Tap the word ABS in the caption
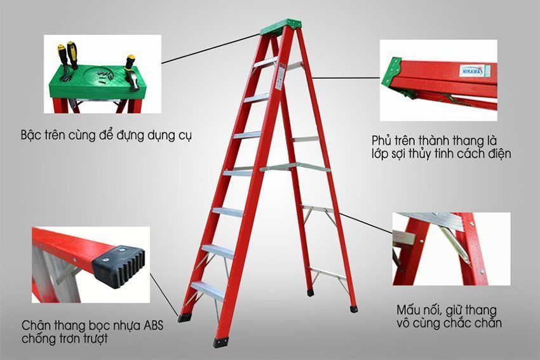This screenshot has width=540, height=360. click(x=150, y=326)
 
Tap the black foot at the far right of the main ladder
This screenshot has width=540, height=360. click(x=353, y=309)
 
